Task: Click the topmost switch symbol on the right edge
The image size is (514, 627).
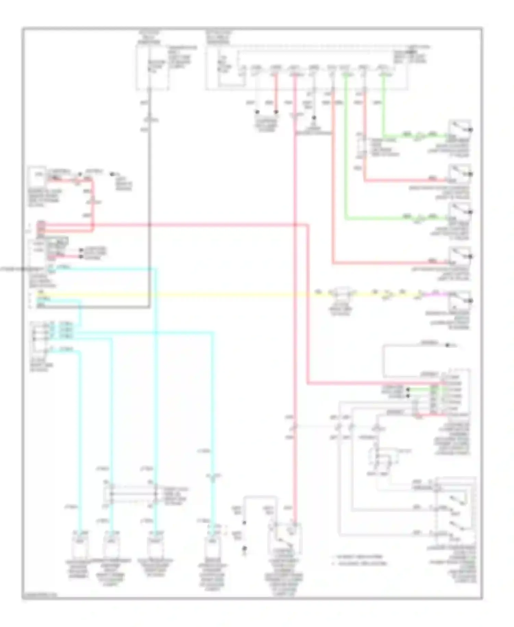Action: (460, 129)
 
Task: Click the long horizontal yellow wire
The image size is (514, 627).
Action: (206, 294)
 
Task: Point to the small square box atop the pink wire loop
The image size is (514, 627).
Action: (37, 175)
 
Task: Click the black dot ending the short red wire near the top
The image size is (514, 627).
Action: (276, 112)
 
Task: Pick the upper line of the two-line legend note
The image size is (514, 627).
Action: (358, 557)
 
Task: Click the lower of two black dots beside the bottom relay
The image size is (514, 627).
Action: (244, 549)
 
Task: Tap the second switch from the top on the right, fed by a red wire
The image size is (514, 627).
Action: (460, 173)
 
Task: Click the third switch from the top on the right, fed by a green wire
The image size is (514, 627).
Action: (460, 214)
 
